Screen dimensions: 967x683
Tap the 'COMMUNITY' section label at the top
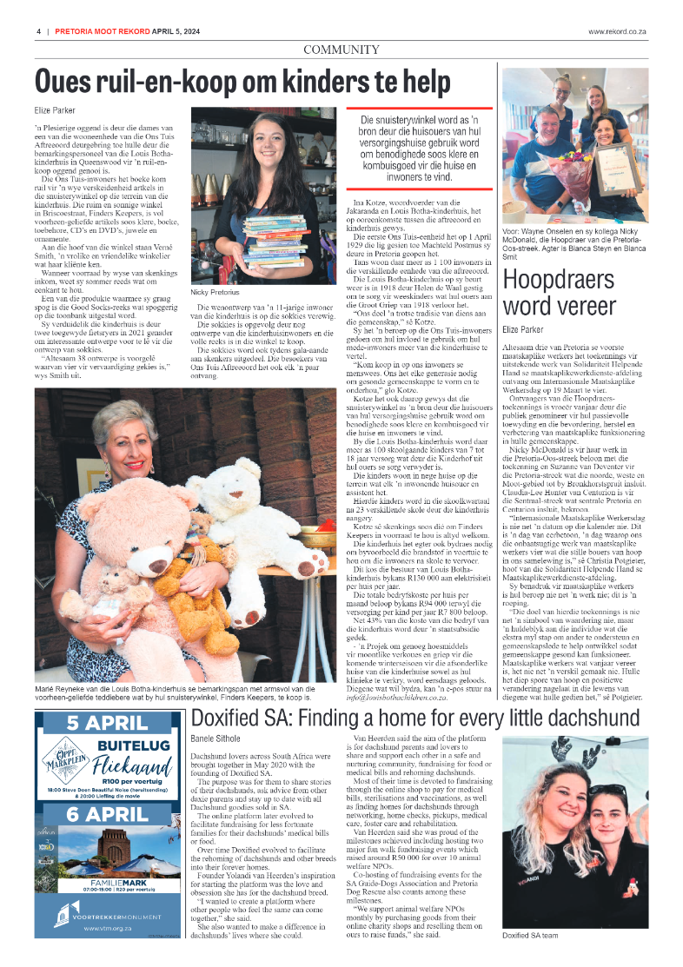(341, 49)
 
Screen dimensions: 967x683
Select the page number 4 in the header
(39, 31)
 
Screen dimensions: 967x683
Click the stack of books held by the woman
(273, 242)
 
